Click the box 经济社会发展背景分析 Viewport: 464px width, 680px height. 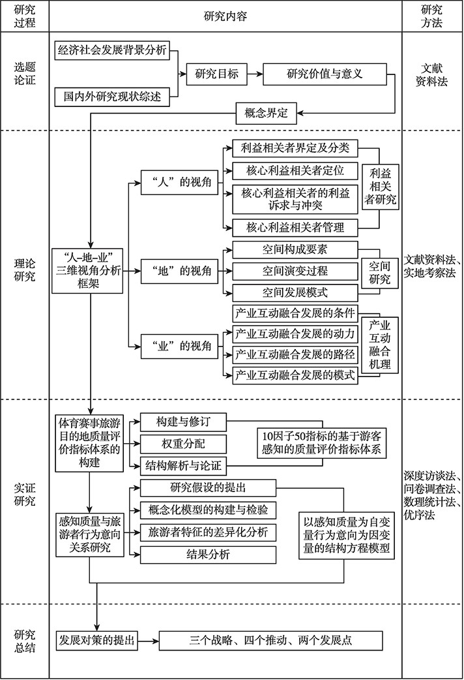(112, 50)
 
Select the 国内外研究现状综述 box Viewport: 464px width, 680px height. (112, 97)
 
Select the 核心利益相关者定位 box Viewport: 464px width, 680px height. (294, 171)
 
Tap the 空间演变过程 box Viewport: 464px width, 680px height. (294, 270)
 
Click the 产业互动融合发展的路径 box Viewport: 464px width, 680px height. (294, 355)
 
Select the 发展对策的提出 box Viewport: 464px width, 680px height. (96, 640)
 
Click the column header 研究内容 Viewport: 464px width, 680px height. (225, 15)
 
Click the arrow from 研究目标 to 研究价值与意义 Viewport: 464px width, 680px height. (255, 74)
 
